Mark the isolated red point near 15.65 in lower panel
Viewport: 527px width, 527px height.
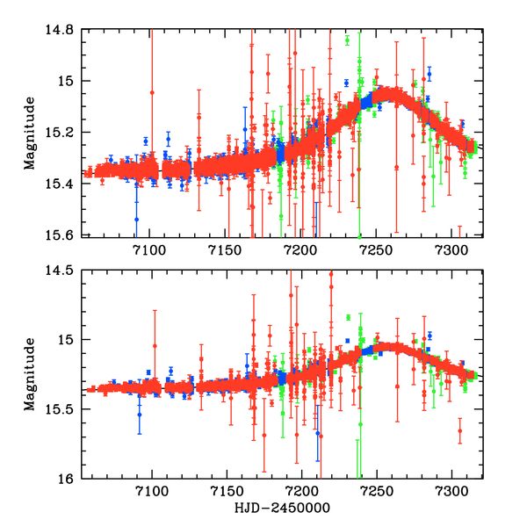coord(459,430)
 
